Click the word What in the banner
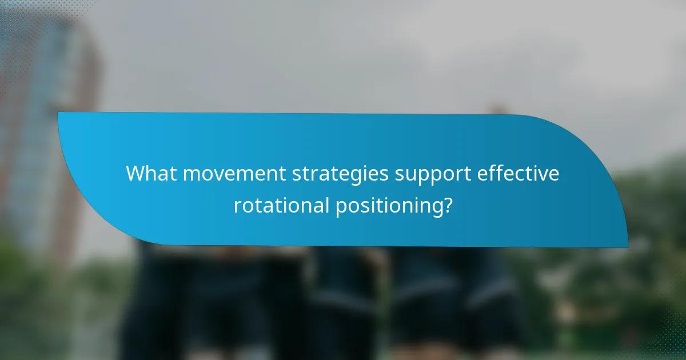[148, 173]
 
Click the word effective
[521, 173]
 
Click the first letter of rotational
[236, 205]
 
